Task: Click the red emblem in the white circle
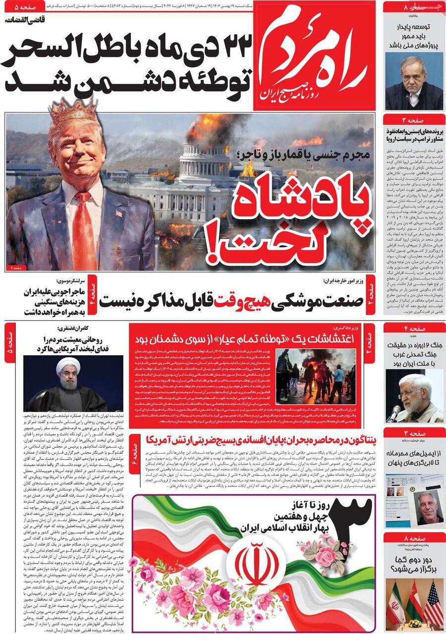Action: click(x=256, y=564)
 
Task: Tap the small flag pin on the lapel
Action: click(x=118, y=214)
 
